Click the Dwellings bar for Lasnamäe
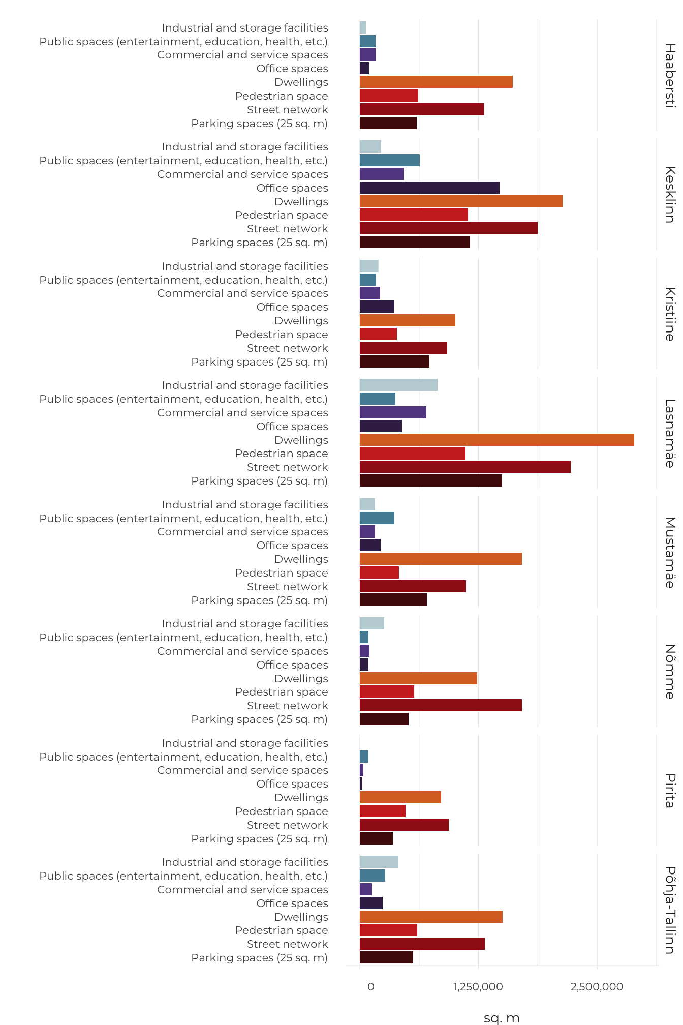[x=496, y=440]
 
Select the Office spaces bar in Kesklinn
[x=429, y=188]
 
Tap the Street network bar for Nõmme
[x=441, y=705]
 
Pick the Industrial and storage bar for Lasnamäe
[x=398, y=385]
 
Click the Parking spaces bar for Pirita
[x=376, y=838]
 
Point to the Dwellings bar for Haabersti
[x=436, y=82]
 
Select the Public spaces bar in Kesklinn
[x=390, y=160]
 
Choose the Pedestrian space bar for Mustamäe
[x=379, y=572]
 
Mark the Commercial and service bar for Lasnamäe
[x=393, y=412]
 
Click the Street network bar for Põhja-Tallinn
[x=422, y=944]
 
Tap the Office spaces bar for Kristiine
[x=377, y=307]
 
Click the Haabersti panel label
[x=670, y=75]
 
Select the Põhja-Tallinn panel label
[x=670, y=910]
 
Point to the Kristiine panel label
[x=670, y=314]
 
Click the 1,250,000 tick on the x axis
[x=478, y=987]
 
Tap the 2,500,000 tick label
[x=597, y=987]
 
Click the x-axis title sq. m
[x=502, y=1018]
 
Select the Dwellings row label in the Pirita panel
[x=301, y=797]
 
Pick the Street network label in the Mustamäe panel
[x=288, y=586]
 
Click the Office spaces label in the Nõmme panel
[x=292, y=665]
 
